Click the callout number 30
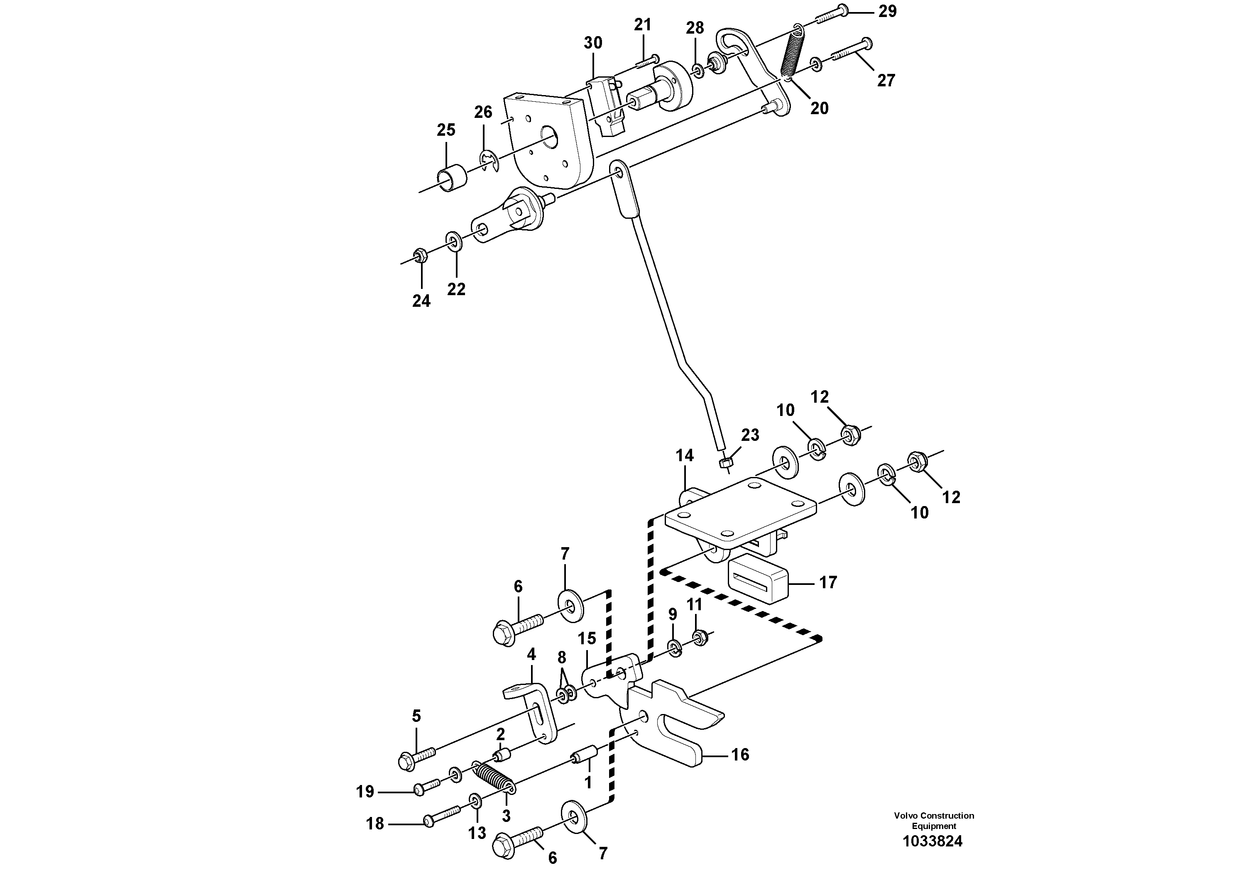click(x=593, y=43)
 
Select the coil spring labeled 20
click(x=792, y=53)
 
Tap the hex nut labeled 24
click(x=421, y=255)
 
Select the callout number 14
click(x=685, y=456)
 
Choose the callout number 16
click(x=740, y=755)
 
